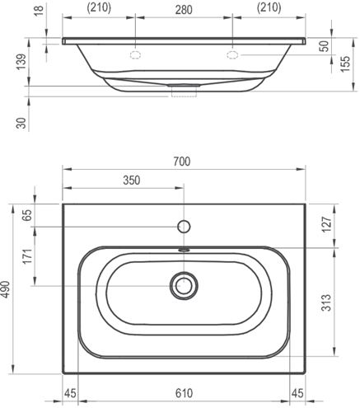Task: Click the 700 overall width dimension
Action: tap(182, 162)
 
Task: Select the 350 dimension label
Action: tap(132, 181)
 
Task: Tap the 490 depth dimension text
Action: tap(6, 289)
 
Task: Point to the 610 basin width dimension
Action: tap(184, 393)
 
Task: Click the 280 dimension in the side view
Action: tap(184, 10)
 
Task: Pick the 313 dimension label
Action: tap(326, 302)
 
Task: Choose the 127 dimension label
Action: tap(326, 224)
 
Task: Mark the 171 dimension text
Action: tap(27, 256)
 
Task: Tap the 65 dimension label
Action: tap(27, 215)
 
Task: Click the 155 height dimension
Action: tap(345, 63)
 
